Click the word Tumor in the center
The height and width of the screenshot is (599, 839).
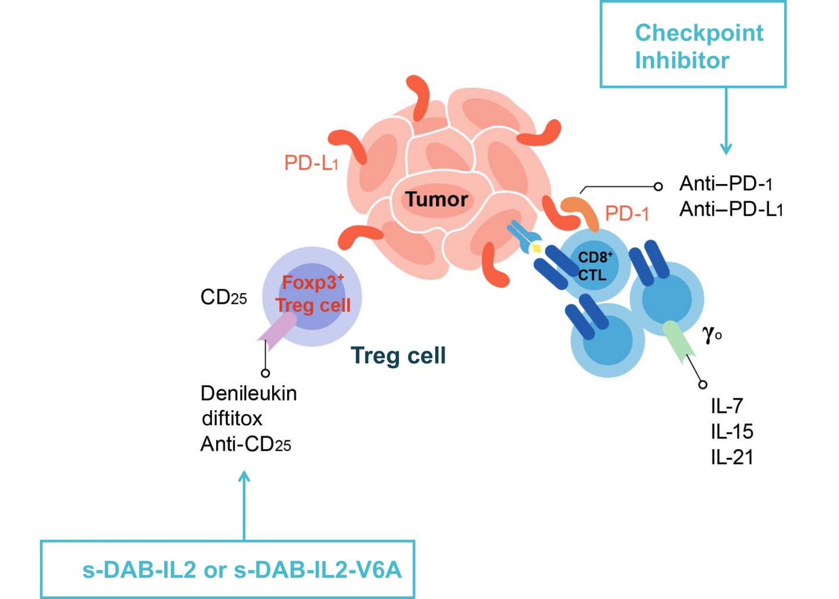(x=436, y=199)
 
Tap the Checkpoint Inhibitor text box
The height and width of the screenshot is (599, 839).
(x=693, y=45)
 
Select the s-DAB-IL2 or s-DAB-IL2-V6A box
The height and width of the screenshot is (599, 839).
(x=227, y=569)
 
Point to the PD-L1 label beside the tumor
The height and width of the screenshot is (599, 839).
(x=311, y=163)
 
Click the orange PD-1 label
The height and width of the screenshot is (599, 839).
(x=626, y=213)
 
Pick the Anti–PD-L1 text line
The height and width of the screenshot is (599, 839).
(x=731, y=209)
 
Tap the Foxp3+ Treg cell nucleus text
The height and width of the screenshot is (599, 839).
(x=313, y=294)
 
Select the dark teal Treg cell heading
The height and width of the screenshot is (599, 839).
(x=398, y=355)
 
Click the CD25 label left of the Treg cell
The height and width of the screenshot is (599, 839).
(x=223, y=298)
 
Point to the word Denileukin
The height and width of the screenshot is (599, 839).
(x=248, y=393)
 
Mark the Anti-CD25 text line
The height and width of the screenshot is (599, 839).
(x=245, y=445)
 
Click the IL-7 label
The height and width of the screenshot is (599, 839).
(x=727, y=406)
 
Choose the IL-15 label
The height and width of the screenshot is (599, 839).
(x=732, y=431)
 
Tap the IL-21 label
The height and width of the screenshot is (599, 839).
(x=732, y=457)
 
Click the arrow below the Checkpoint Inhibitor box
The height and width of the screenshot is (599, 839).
(x=725, y=122)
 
